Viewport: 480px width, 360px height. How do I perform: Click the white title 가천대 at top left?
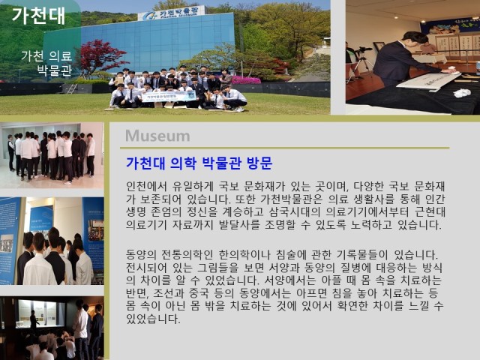[x=38, y=16]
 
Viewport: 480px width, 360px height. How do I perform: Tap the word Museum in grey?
[x=157, y=136]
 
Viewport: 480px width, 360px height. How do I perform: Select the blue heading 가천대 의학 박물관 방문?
[x=199, y=163]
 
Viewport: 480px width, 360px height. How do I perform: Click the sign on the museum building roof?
[x=171, y=13]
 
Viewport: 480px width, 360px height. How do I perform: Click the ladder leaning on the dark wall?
[x=72, y=88]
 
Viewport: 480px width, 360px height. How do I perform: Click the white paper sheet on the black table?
[x=425, y=80]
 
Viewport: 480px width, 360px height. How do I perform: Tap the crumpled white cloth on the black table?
[x=462, y=93]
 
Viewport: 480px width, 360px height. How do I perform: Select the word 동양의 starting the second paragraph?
[x=141, y=255]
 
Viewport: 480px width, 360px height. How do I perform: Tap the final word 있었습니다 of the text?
[x=153, y=319]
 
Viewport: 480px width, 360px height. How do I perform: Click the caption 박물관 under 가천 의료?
[x=55, y=70]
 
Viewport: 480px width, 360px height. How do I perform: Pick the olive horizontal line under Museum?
[x=285, y=148]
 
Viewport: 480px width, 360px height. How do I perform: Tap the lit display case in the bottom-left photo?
[x=40, y=313]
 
